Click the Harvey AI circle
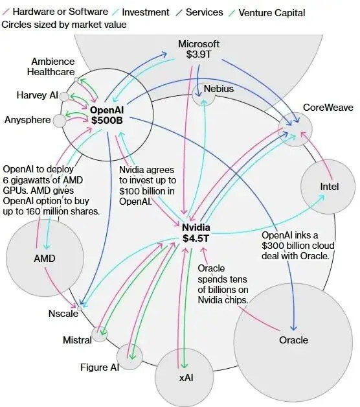tap(64, 97)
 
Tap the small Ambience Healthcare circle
tap(76, 80)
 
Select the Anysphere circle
tap(60, 121)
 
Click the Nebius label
tap(219, 89)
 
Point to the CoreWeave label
tap(328, 108)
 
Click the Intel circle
tap(328, 187)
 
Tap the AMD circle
tap(45, 258)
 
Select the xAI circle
tap(184, 377)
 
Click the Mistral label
tap(77, 340)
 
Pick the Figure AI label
tap(100, 367)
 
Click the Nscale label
tap(63, 314)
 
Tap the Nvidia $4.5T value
tap(196, 238)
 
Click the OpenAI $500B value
tap(107, 121)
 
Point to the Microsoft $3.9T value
tap(199, 54)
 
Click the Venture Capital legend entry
tap(267, 13)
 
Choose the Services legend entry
tap(199, 12)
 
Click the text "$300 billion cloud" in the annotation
tap(298, 246)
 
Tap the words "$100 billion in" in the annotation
tap(147, 191)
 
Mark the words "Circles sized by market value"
tap(64, 25)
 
